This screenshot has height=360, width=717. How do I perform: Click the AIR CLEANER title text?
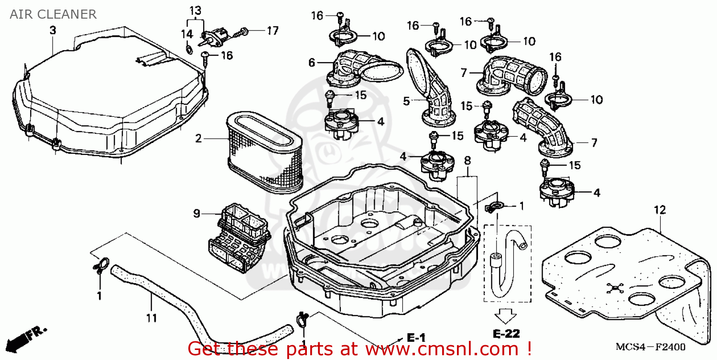tap(53, 14)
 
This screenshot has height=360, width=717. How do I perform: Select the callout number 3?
tap(53, 31)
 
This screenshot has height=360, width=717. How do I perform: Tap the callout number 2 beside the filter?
tap(198, 139)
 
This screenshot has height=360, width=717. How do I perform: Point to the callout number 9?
tap(196, 214)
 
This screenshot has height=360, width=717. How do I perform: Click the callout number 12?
tap(660, 210)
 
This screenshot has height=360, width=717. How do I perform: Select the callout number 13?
tap(195, 10)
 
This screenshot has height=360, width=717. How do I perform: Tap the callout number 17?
tap(272, 31)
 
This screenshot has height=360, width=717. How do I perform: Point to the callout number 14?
tap(186, 34)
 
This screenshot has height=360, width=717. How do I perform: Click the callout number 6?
tap(312, 62)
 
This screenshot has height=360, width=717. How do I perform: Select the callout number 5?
tap(406, 101)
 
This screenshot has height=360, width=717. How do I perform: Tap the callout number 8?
tap(467, 160)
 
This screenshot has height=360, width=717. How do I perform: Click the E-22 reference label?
tap(506, 334)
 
